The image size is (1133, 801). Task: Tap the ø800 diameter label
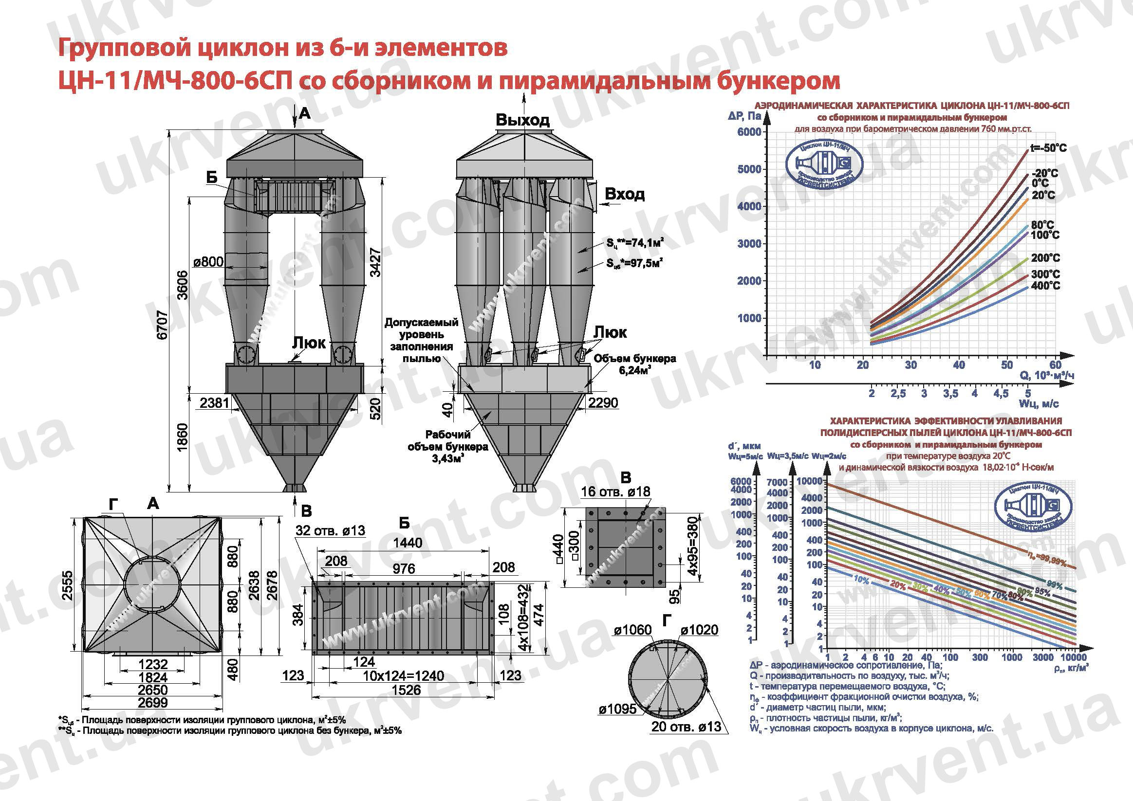click(x=208, y=261)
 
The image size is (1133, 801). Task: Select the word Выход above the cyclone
click(x=522, y=120)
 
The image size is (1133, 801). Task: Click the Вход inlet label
click(x=624, y=194)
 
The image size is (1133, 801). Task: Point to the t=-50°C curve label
click(x=1048, y=148)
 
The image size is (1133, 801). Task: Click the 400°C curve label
click(x=1045, y=286)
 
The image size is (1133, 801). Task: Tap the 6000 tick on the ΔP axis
click(x=749, y=132)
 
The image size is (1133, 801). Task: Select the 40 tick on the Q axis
click(x=958, y=365)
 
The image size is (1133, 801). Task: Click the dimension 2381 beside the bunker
click(x=215, y=403)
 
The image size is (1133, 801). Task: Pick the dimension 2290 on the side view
click(x=603, y=403)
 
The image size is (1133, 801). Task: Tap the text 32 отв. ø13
click(x=330, y=530)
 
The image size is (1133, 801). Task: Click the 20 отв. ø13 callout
click(x=686, y=726)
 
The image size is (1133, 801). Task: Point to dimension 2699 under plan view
click(x=152, y=702)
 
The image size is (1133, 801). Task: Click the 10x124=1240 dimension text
click(x=403, y=675)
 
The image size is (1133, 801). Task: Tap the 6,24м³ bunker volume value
click(x=634, y=370)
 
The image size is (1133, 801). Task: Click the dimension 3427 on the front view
click(x=375, y=262)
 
